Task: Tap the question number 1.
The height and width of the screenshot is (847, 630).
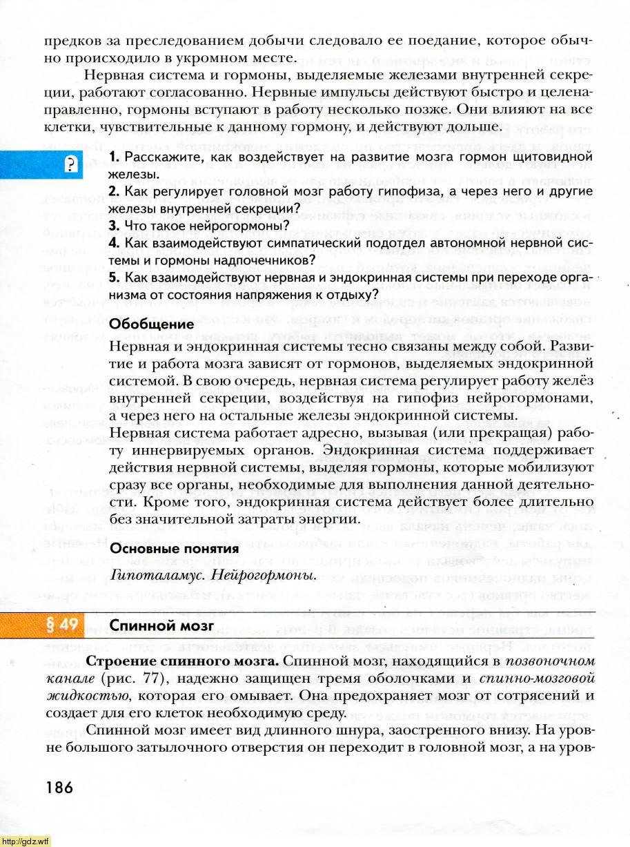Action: (115, 159)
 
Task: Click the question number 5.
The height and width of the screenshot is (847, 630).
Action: (115, 277)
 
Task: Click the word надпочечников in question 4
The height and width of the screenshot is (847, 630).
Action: (266, 260)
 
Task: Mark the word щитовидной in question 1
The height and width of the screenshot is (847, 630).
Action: (556, 159)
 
